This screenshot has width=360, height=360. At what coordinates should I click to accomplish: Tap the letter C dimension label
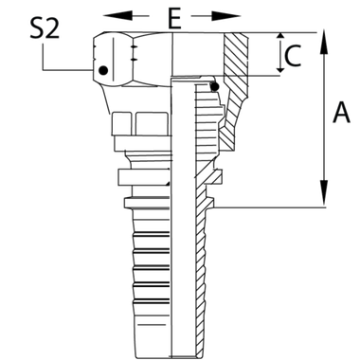[295, 57]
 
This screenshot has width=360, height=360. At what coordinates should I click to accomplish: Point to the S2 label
[41, 27]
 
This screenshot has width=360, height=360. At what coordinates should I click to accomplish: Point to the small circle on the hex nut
[103, 68]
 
